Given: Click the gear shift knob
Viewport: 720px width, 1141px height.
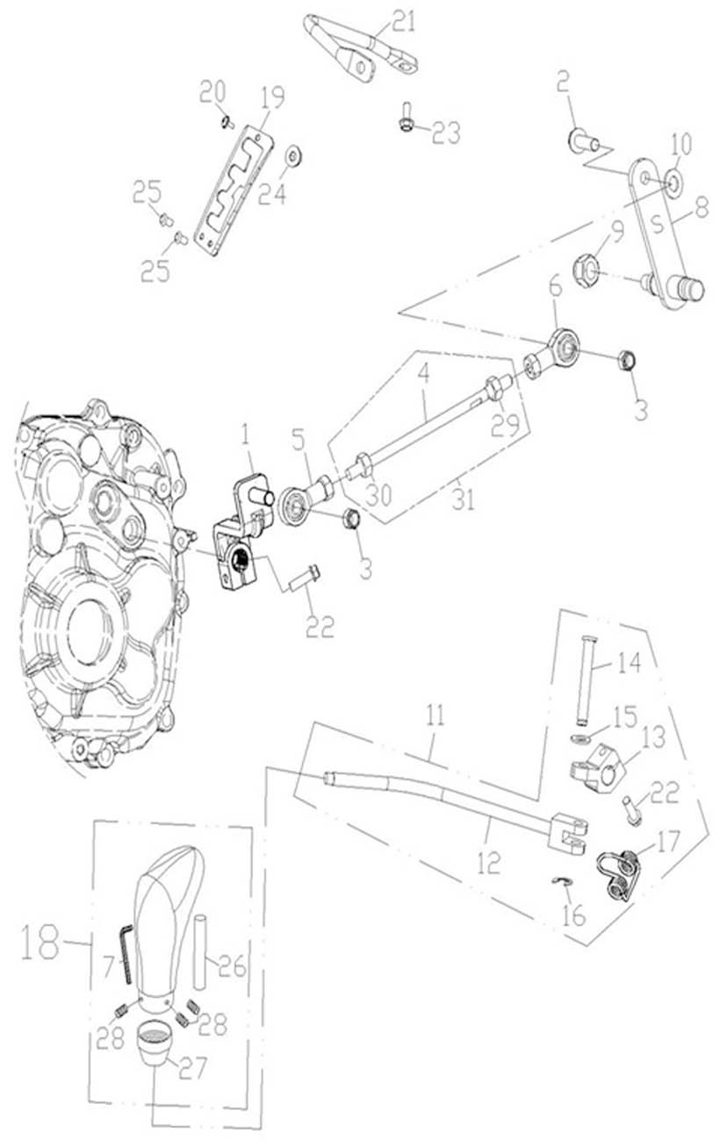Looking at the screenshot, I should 167,913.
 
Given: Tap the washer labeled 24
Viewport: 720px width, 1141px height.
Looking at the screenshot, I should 292,156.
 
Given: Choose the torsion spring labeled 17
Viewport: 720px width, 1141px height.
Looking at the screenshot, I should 619,872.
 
